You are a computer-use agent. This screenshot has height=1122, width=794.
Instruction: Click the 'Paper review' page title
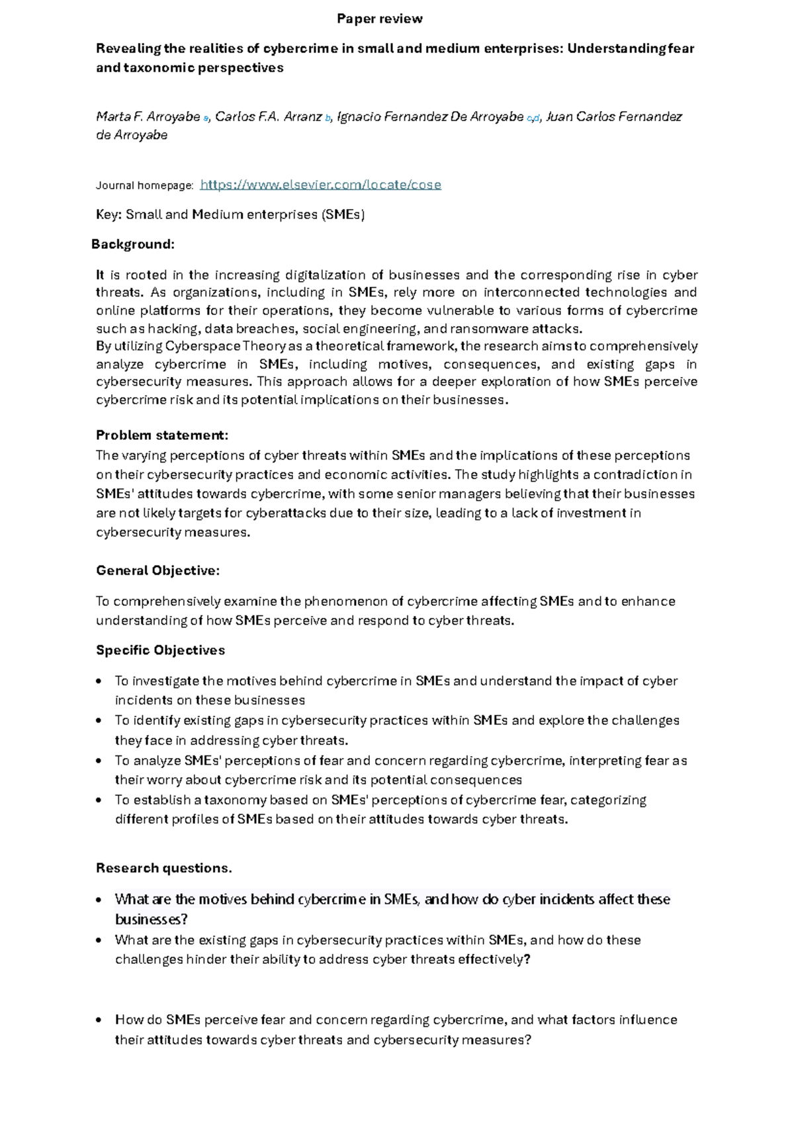tap(379, 19)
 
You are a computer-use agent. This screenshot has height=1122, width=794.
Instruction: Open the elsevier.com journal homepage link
tap(320, 185)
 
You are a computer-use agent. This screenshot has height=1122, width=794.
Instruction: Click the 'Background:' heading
tap(133, 244)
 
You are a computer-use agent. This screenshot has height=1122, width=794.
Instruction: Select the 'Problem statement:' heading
tap(162, 435)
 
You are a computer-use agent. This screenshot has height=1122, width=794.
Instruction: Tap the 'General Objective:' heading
tap(157, 570)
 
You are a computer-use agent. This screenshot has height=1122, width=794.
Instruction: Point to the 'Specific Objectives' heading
tap(161, 650)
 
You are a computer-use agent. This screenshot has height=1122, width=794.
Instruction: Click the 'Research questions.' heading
tap(164, 868)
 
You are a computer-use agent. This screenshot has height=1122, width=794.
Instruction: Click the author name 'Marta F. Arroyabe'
tap(148, 117)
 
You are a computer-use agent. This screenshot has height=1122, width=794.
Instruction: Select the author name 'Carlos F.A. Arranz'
tap(268, 117)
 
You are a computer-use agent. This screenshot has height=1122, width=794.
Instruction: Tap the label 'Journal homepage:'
tap(144, 185)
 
